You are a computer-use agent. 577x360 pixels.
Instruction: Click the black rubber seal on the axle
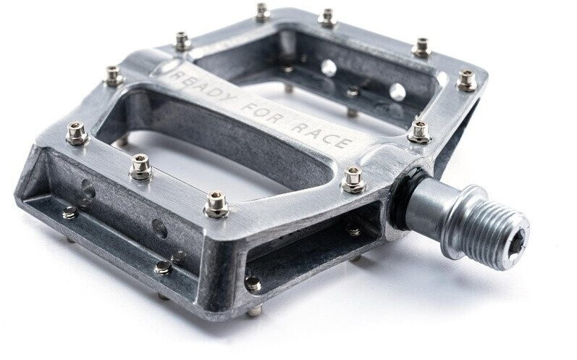405,198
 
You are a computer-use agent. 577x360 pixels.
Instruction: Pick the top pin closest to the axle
353,180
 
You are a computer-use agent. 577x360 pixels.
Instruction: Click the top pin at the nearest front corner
216,204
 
